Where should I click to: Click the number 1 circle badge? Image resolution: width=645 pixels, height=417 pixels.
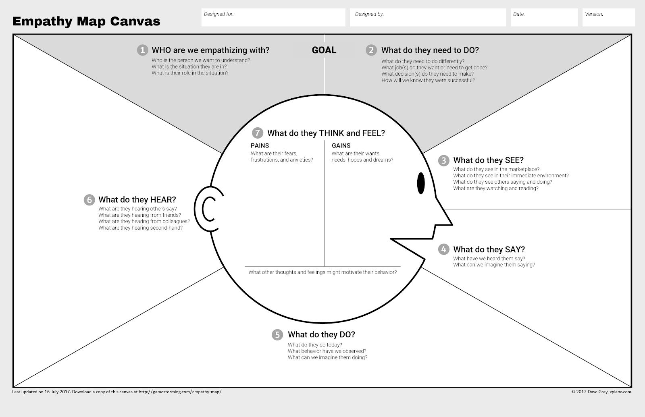click(x=142, y=50)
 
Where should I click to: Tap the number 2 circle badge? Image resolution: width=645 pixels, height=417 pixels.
click(x=371, y=50)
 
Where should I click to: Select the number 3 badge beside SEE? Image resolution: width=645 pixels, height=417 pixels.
click(x=443, y=160)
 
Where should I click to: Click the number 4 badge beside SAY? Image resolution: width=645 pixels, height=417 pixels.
click(x=443, y=249)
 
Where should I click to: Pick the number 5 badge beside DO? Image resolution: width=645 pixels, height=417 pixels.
click(x=277, y=335)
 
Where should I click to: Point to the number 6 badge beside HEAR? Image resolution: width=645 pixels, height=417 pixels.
click(x=89, y=200)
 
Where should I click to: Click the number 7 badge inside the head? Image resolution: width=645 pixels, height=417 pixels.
click(x=258, y=133)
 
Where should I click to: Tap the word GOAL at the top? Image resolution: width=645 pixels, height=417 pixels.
click(x=324, y=50)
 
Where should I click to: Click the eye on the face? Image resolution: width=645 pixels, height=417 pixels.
click(x=421, y=183)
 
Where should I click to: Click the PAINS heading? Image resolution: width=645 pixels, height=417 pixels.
click(x=260, y=145)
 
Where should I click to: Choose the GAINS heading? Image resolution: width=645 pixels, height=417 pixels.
click(x=341, y=145)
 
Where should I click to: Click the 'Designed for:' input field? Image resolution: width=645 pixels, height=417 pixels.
click(x=273, y=18)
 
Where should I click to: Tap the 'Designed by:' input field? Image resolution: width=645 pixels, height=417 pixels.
click(x=428, y=18)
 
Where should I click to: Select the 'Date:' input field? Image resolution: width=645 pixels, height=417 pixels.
click(x=544, y=18)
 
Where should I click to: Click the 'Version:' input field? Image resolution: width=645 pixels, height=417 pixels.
click(x=609, y=18)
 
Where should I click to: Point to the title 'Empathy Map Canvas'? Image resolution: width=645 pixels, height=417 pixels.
click(x=86, y=21)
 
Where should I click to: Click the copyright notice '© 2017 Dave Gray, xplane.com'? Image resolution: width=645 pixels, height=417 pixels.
click(x=601, y=392)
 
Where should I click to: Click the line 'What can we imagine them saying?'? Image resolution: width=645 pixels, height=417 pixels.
click(x=494, y=265)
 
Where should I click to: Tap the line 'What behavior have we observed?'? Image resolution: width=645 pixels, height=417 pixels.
click(x=327, y=351)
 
